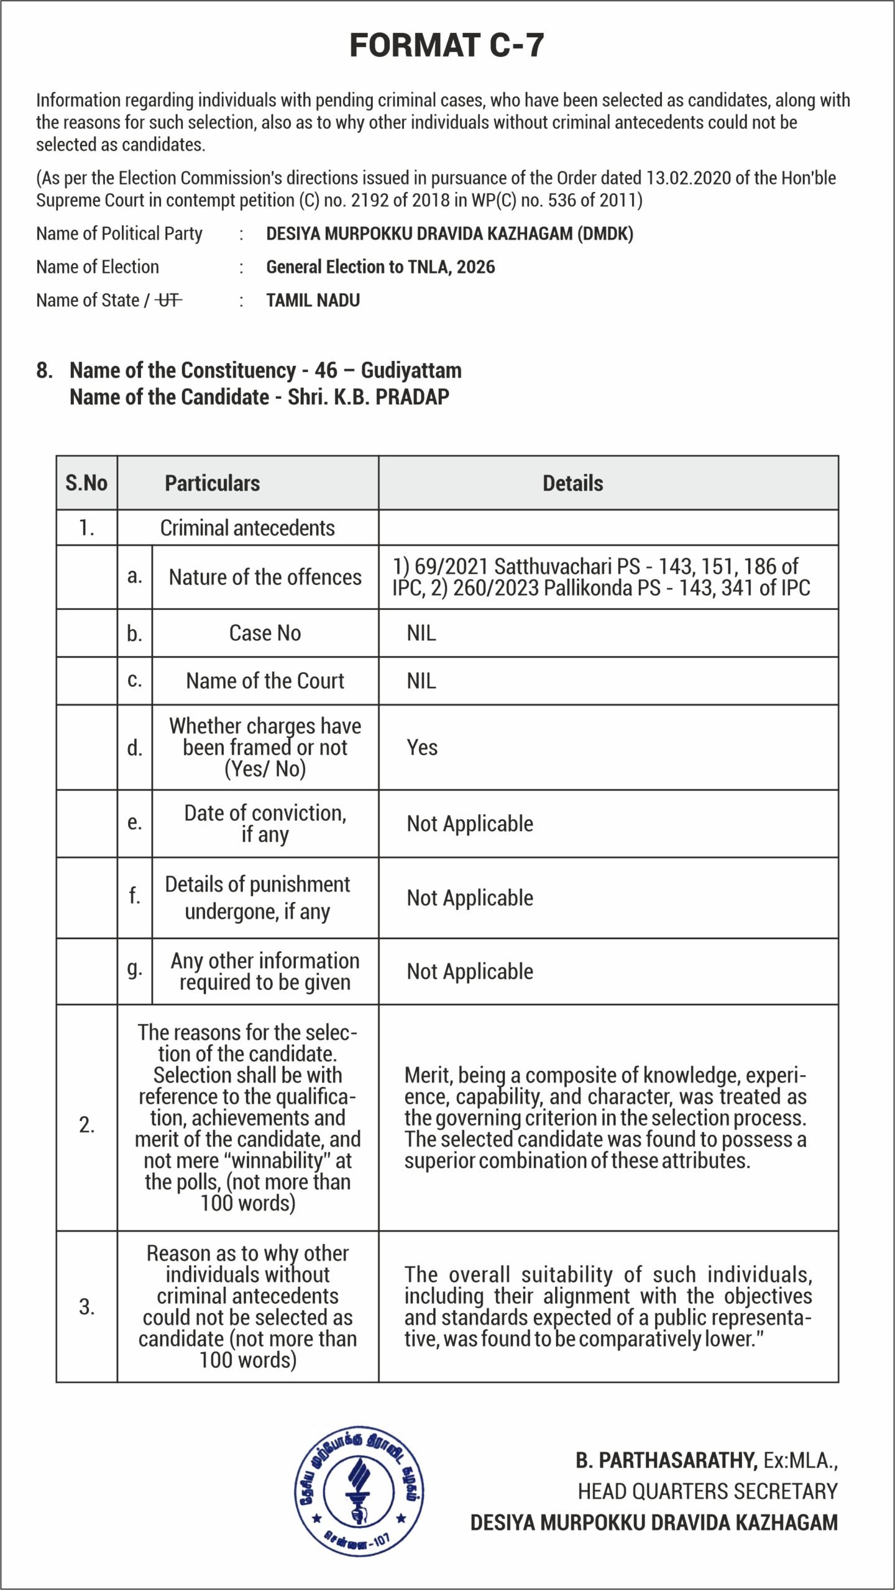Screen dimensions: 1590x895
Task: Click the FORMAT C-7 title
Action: (x=447, y=45)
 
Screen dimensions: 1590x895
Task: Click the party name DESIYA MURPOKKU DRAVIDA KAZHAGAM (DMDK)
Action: (x=449, y=234)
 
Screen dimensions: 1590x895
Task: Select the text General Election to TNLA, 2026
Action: (x=380, y=267)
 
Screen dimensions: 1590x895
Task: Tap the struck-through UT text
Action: (x=168, y=301)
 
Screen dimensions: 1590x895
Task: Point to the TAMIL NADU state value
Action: (x=313, y=301)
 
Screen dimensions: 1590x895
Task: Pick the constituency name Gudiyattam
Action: (x=411, y=370)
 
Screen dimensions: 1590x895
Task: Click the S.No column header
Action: (x=86, y=483)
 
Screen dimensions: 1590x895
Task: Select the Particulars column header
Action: (x=212, y=483)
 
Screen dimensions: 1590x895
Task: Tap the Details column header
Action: (x=572, y=483)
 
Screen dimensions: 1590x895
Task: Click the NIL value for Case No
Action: (x=421, y=634)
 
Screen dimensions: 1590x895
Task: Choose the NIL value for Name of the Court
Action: (x=421, y=681)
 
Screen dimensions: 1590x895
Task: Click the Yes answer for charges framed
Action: (x=422, y=748)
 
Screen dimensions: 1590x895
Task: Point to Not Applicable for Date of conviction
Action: (x=470, y=824)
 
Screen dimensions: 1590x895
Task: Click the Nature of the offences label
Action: (x=265, y=578)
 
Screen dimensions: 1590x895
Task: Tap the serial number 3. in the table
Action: (x=86, y=1307)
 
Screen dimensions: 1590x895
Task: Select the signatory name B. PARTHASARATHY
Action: (x=666, y=1461)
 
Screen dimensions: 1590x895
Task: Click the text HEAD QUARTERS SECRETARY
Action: (x=707, y=1491)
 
